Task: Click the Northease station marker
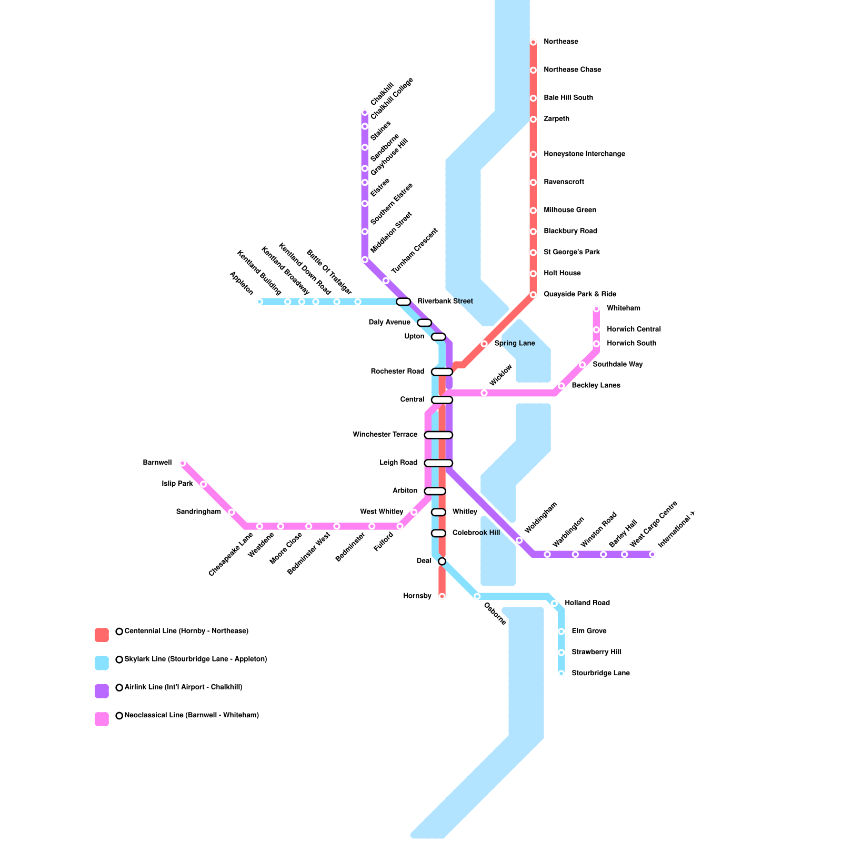[533, 42]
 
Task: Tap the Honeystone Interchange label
[584, 154]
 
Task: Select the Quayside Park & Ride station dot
[533, 295]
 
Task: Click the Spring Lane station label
[515, 344]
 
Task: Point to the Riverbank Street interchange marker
[403, 302]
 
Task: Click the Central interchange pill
[442, 400]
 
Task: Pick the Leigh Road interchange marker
[438, 463]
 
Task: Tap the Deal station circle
[442, 562]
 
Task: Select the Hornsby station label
[417, 596]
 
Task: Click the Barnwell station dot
[183, 463]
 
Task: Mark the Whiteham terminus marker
[596, 309]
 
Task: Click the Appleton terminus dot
[259, 302]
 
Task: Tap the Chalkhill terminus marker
[365, 112]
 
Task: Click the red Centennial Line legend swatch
[102, 635]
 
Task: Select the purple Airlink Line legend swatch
[102, 691]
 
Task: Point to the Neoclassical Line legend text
[192, 716]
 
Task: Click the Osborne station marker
[477, 596]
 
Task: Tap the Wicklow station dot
[484, 393]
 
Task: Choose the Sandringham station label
[198, 512]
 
